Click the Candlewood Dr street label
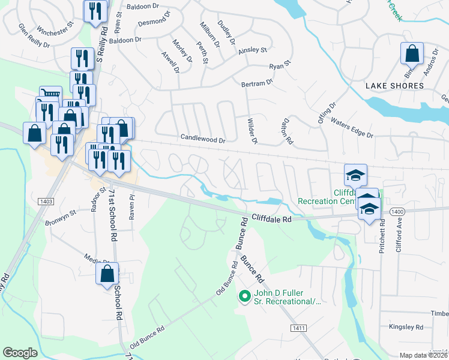point(203,139)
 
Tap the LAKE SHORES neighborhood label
point(394,86)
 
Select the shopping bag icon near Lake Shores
point(412,55)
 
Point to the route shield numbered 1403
point(47,202)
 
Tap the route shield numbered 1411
point(298,328)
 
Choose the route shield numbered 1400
point(396,212)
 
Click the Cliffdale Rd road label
point(271,220)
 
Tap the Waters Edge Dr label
point(352,126)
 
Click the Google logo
point(20,353)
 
